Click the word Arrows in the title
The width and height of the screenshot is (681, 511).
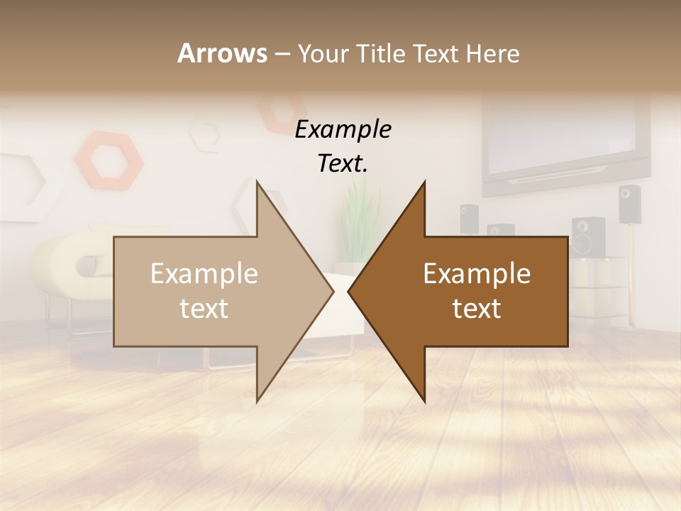click(222, 53)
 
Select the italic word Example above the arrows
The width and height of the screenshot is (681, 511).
click(343, 129)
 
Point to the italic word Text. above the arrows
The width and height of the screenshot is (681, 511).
click(343, 164)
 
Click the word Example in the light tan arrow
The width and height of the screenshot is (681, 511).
click(204, 274)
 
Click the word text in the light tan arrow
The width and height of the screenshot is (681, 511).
click(204, 309)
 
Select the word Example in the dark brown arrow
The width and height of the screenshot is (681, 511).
click(477, 274)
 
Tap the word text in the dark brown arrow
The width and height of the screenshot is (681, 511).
click(477, 309)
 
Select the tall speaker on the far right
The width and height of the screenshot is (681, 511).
click(629, 204)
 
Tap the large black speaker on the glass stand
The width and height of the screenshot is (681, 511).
click(587, 236)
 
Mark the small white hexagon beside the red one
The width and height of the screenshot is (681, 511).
click(206, 135)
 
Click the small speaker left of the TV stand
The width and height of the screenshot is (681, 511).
click(469, 218)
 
